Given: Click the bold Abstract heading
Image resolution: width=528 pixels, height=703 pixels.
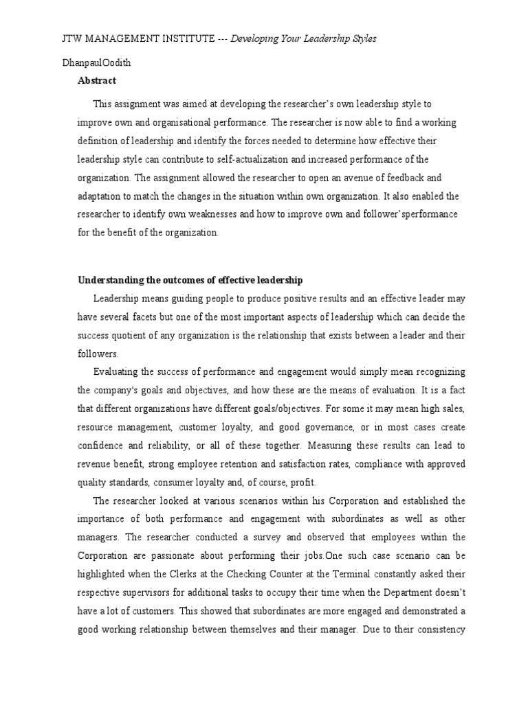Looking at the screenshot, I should [x=97, y=80].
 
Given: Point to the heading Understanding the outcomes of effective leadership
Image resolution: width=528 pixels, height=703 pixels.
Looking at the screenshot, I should [x=190, y=280].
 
